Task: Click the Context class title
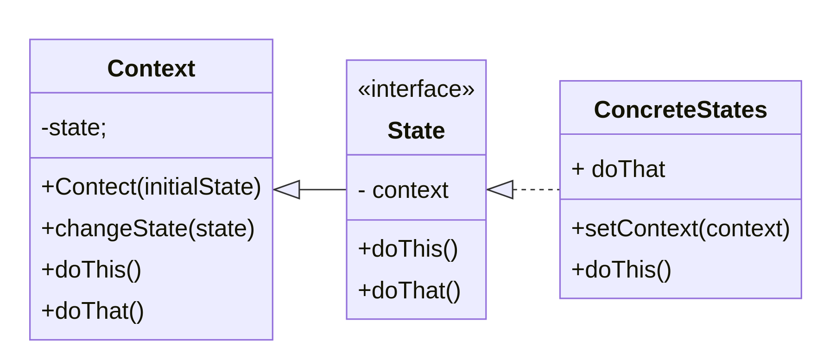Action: tap(151, 69)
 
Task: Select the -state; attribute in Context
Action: tap(74, 127)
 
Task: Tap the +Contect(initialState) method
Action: tap(151, 187)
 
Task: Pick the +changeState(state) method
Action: tap(148, 228)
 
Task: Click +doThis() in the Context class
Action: tap(91, 270)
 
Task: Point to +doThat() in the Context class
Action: tap(93, 311)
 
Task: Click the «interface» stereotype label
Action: tap(416, 89)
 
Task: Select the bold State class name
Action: tap(416, 131)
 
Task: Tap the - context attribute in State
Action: tap(403, 190)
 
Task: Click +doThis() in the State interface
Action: tap(408, 249)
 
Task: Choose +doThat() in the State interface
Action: tap(409, 291)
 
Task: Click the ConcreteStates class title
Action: tap(680, 110)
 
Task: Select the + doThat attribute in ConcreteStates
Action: tap(618, 169)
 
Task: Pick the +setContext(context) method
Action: tap(680, 228)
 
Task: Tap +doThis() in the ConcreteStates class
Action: tap(621, 270)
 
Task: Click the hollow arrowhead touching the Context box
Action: tap(287, 189)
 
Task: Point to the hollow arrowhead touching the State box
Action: tap(500, 189)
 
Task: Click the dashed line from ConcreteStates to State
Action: tap(536, 189)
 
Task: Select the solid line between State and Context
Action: tap(323, 189)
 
